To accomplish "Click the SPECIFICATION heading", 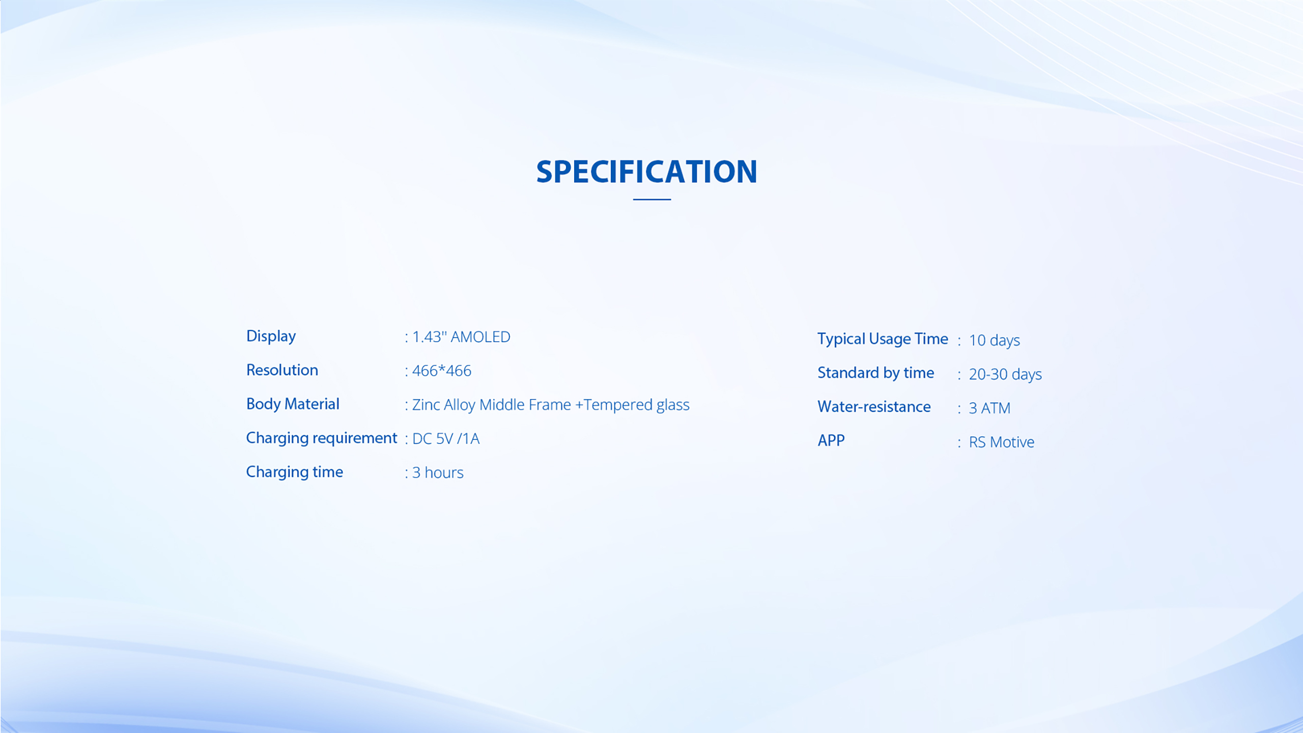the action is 646,172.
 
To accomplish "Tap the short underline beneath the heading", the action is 651,200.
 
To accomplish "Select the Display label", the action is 271,336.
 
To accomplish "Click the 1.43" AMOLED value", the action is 461,337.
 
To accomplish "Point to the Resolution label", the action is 282,370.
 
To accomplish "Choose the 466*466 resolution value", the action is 442,371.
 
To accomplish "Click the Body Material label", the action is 293,404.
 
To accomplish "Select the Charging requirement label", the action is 322,438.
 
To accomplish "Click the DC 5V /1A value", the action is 446,439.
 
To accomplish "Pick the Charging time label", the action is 295,472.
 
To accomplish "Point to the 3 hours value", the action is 438,473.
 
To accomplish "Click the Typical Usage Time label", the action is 883,340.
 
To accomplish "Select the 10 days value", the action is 994,341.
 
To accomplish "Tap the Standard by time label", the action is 876,374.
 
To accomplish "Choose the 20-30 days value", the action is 1005,375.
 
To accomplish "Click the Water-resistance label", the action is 874,407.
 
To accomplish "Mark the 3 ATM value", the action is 989,408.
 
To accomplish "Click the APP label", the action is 831,441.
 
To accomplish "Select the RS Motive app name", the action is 1002,442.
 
